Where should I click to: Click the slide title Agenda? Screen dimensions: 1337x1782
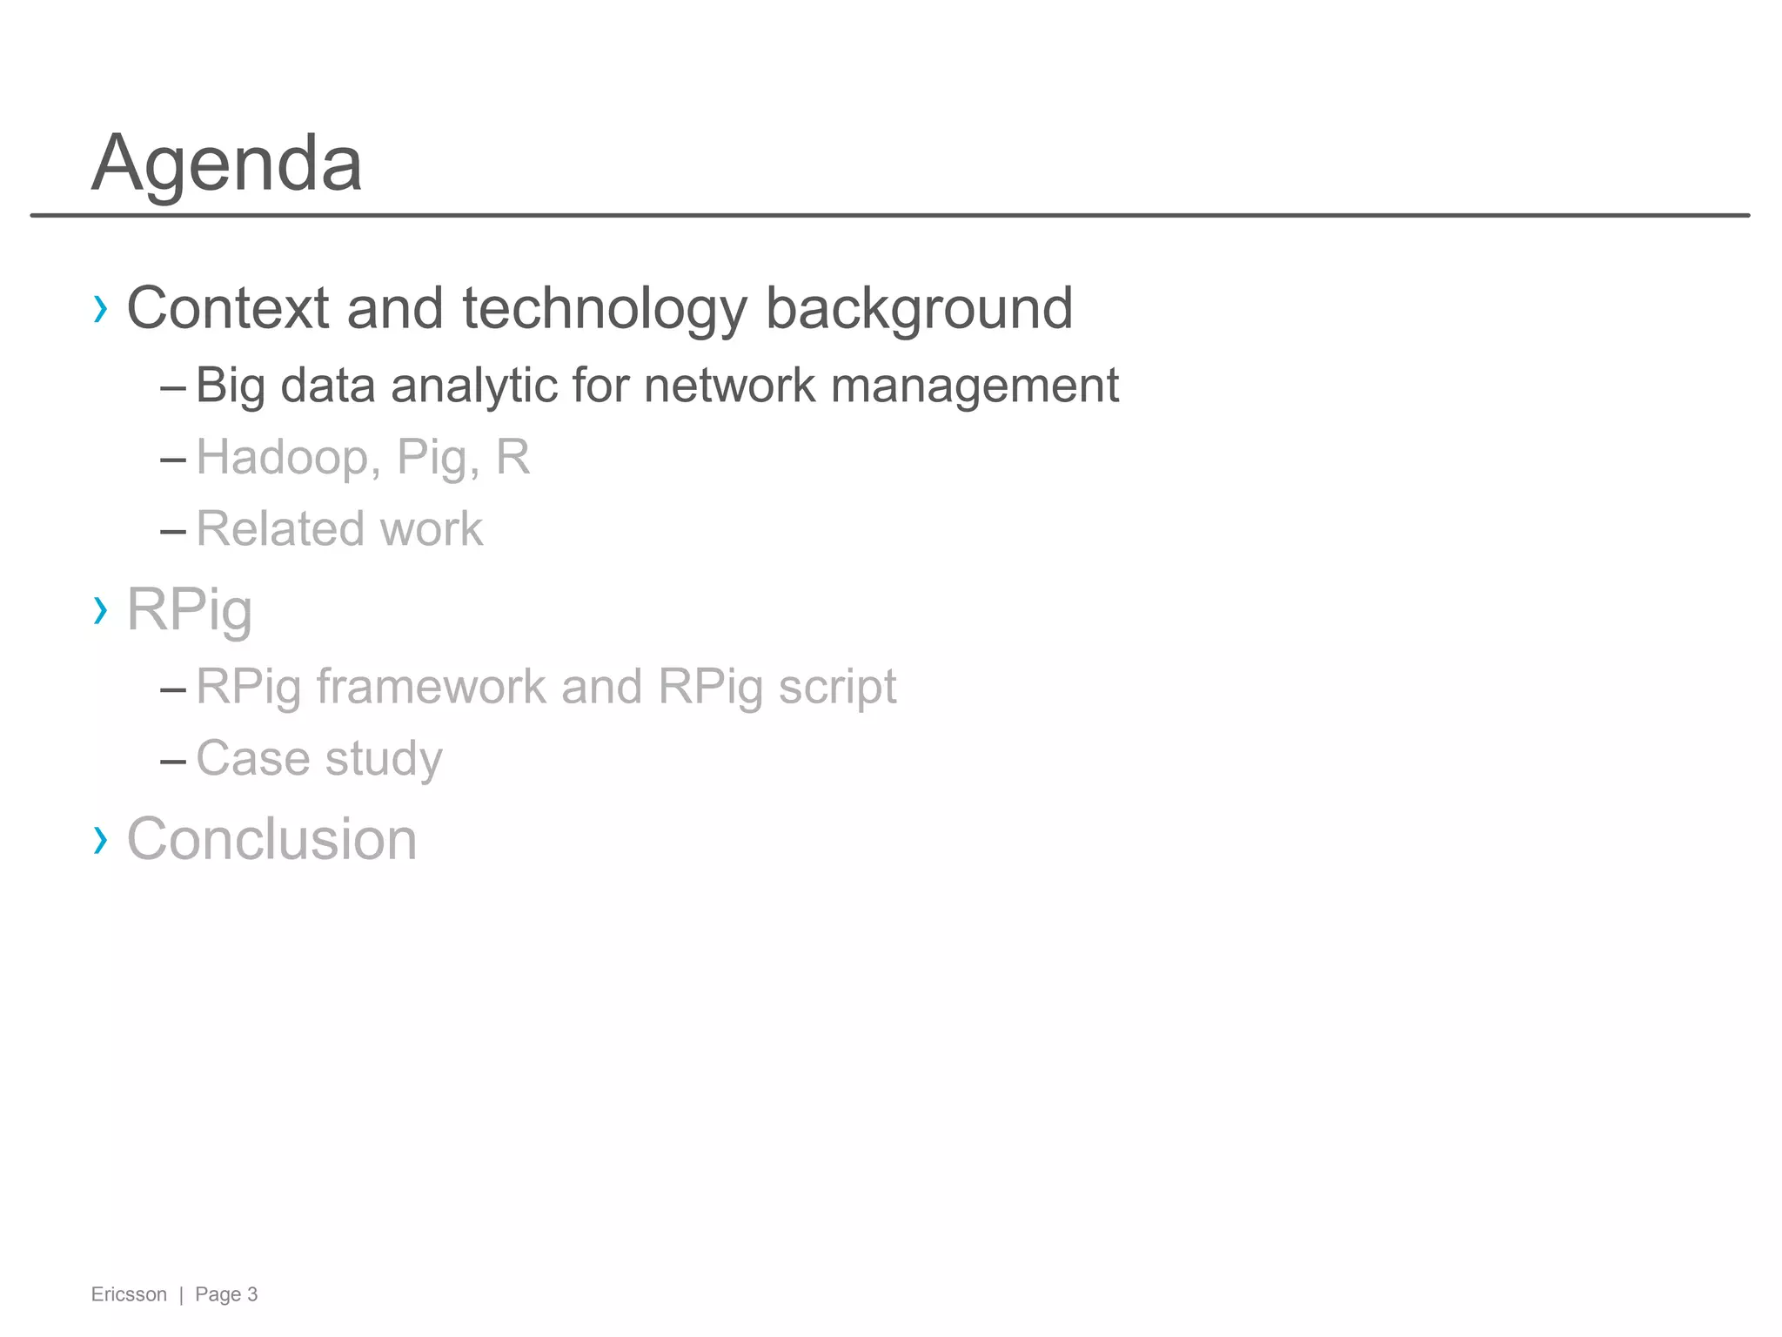click(x=226, y=164)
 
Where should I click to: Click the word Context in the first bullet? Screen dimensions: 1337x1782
click(x=228, y=308)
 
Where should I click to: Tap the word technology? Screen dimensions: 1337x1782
click(x=605, y=310)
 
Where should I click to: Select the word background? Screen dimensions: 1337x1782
click(x=919, y=310)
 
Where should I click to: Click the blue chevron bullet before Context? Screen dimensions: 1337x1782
click(x=101, y=309)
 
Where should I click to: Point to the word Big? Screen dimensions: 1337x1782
click(x=230, y=386)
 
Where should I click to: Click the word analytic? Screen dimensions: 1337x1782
click(x=474, y=385)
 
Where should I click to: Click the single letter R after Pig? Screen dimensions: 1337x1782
click(x=512, y=457)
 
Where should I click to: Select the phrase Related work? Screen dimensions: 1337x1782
click(x=339, y=529)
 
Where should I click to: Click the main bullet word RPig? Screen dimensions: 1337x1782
click(x=190, y=610)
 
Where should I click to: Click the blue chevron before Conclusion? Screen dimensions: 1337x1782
click(x=101, y=840)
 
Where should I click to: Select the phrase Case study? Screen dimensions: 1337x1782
click(x=319, y=759)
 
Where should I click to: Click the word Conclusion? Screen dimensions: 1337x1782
click(x=271, y=840)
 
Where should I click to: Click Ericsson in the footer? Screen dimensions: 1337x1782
click(x=129, y=1294)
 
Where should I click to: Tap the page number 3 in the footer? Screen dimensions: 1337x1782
click(x=252, y=1294)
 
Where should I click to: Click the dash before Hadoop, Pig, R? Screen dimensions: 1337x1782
click(x=173, y=459)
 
